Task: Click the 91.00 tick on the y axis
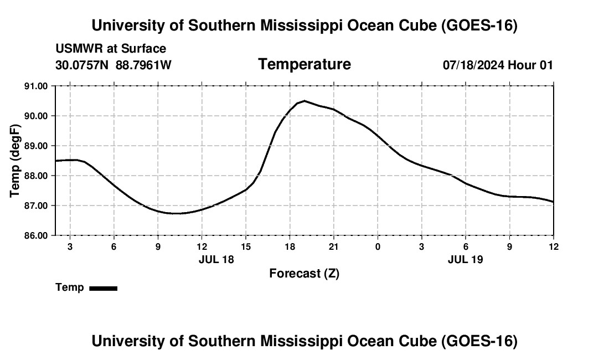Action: click(x=36, y=86)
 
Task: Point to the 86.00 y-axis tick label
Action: click(x=36, y=235)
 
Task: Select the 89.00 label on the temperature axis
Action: click(x=36, y=146)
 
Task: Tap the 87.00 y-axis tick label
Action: click(x=36, y=205)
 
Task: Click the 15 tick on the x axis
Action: click(x=245, y=246)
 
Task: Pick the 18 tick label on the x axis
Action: click(x=290, y=246)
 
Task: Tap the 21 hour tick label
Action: click(x=334, y=246)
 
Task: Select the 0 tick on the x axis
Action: click(x=378, y=246)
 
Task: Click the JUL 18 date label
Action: click(x=216, y=259)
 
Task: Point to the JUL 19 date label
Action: click(x=465, y=259)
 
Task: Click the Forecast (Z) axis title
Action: click(x=304, y=274)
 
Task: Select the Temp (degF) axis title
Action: click(x=15, y=161)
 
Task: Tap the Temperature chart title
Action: click(x=304, y=64)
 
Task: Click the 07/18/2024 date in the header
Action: click(x=474, y=65)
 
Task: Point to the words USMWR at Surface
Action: click(x=111, y=49)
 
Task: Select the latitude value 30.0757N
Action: click(x=82, y=65)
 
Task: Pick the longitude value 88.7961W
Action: click(x=143, y=65)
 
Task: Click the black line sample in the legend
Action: click(x=104, y=288)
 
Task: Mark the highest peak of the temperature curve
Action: click(x=304, y=101)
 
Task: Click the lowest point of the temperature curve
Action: click(x=174, y=213)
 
